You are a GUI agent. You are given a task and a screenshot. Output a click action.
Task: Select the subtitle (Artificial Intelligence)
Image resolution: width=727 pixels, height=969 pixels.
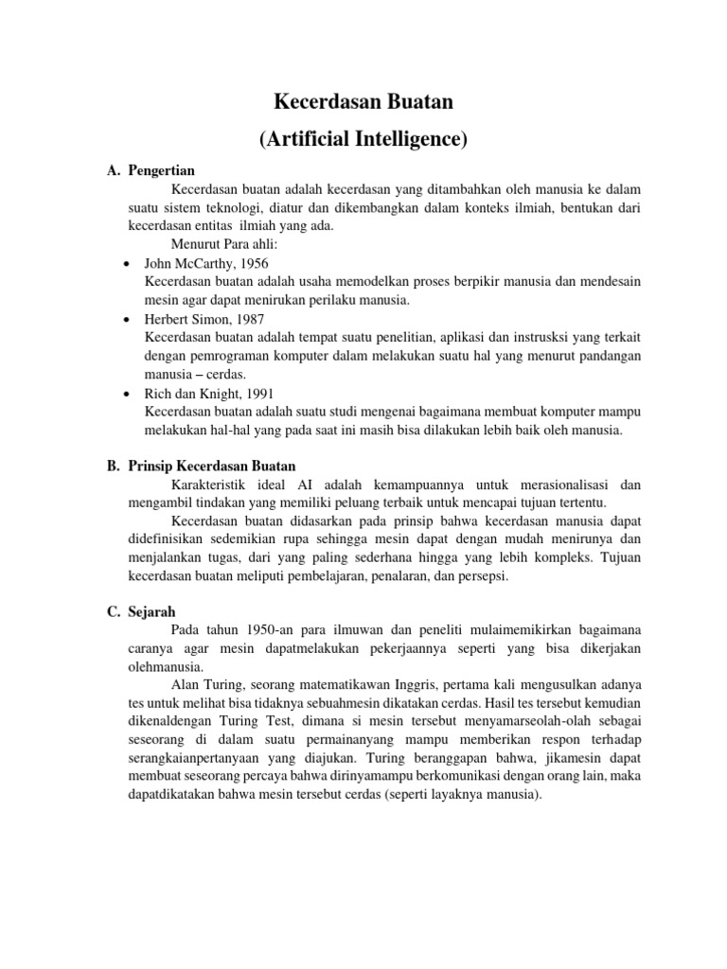363,139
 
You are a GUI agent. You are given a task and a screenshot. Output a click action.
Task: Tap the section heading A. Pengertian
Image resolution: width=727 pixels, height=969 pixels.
151,171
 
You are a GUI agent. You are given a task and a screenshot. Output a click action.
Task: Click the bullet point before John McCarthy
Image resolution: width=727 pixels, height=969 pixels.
127,264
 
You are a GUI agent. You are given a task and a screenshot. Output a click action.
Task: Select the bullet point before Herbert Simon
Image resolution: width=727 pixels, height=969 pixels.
127,320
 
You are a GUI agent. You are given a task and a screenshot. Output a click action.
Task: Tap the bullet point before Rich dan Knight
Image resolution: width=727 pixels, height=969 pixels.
127,394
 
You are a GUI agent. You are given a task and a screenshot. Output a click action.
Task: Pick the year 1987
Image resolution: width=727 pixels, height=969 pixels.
247,320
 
